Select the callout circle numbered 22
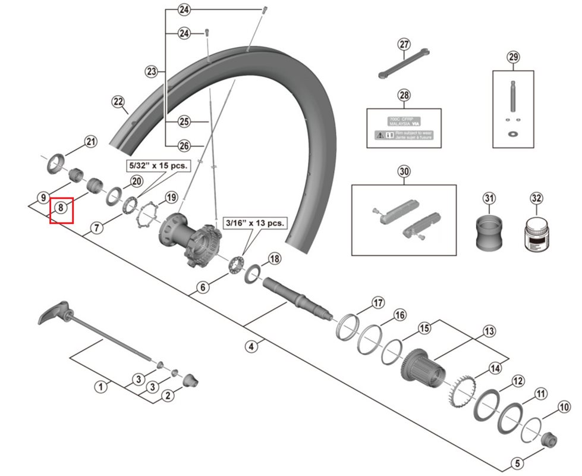click(118, 102)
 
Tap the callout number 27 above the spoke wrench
click(404, 45)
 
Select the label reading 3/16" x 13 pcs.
click(254, 224)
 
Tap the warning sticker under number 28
click(404, 128)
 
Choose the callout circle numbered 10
click(564, 408)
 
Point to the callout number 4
click(252, 346)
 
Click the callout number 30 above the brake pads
click(404, 173)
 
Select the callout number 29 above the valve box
click(513, 57)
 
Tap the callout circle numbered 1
click(101, 386)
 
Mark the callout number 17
click(378, 303)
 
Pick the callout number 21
click(90, 142)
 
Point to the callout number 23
click(151, 72)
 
